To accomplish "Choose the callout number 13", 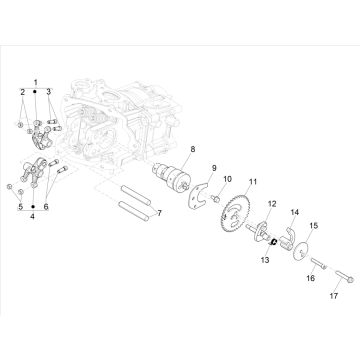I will point(266,258).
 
